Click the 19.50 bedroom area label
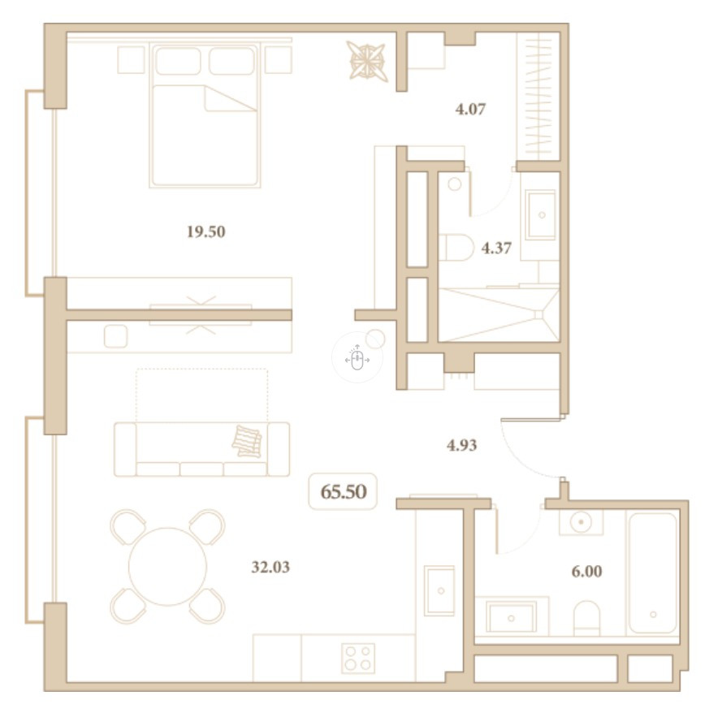(x=206, y=232)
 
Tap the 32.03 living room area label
(x=270, y=567)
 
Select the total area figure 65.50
(x=344, y=491)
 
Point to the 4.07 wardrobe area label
(x=471, y=109)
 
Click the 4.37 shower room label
(x=496, y=248)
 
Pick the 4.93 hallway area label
(x=461, y=445)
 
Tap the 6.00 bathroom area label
(x=586, y=571)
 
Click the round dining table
(x=168, y=567)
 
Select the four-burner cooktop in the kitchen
(x=358, y=658)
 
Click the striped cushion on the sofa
(x=247, y=441)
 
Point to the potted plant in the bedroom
(x=367, y=62)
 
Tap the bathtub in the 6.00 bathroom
(x=653, y=573)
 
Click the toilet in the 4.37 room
(x=456, y=248)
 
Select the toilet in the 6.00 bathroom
(x=586, y=618)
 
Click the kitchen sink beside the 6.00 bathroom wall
(x=439, y=590)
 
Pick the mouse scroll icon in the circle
(x=357, y=359)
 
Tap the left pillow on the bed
(x=178, y=60)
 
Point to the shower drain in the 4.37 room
(x=538, y=314)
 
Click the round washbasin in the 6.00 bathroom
(x=581, y=522)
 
